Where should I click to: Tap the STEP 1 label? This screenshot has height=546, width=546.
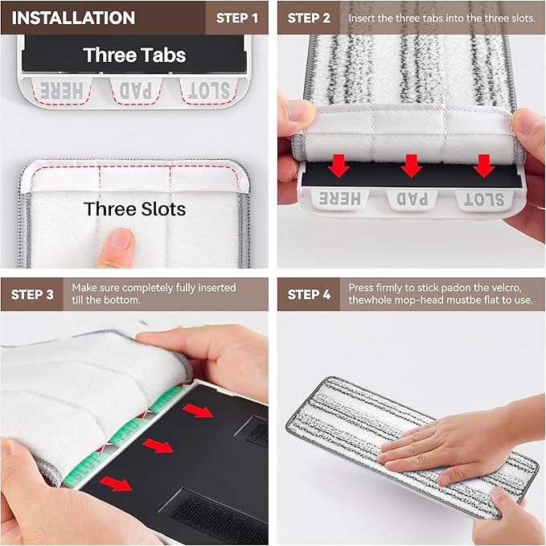coord(238,18)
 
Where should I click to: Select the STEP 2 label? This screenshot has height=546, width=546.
coord(310,18)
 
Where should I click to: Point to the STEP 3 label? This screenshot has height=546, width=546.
coord(33,294)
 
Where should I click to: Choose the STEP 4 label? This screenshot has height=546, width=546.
coord(310,294)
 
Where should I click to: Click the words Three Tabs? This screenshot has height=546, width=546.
coord(134,55)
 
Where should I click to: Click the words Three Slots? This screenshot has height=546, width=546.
coord(134,209)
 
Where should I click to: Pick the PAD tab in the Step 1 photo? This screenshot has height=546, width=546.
coord(135,91)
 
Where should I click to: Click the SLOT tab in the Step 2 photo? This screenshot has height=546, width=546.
coord(483,199)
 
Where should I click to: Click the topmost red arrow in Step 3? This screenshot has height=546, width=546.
coord(199,412)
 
